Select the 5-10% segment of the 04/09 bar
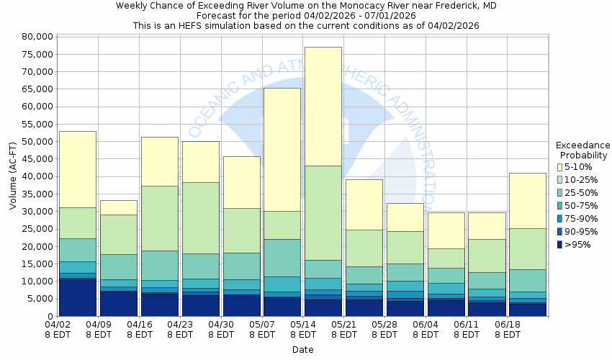point(118,207)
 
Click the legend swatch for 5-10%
point(560,167)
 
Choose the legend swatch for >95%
point(560,245)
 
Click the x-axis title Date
point(302,350)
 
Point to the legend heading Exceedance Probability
point(583,150)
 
